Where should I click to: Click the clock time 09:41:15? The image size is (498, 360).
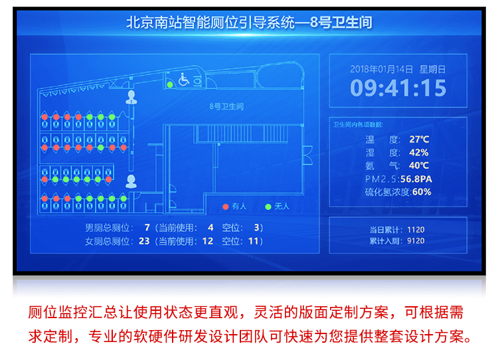pos(398,88)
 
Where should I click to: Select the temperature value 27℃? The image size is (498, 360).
pos(419,139)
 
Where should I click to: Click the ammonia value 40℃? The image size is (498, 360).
pos(419,165)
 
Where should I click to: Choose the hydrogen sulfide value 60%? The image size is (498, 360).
pos(422,192)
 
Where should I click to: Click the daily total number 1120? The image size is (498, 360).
pos(416,230)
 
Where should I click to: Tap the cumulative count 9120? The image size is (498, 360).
pos(416,240)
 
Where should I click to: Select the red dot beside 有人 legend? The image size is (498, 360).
pos(226,207)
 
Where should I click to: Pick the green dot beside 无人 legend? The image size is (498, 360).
pos(268,207)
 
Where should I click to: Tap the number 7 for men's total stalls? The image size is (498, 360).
pos(147,227)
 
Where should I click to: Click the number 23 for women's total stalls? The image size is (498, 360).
pos(144,240)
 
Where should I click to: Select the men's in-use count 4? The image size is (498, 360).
pos(210,227)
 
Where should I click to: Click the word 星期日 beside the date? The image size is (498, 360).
pos(433,68)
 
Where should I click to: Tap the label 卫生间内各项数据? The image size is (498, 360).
pos(357,124)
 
